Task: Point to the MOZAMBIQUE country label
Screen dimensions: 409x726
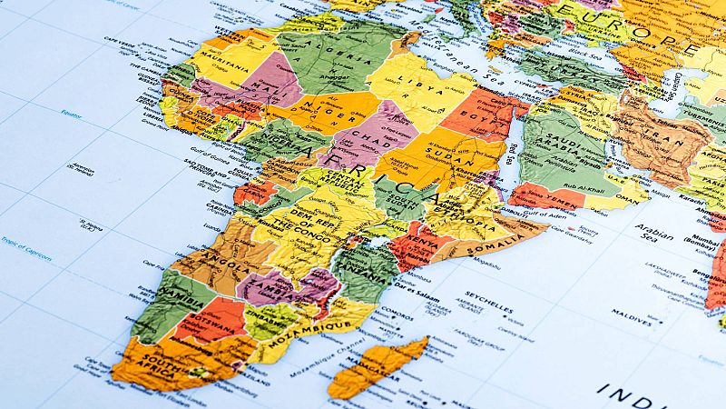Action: pyautogui.click(x=315, y=326)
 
